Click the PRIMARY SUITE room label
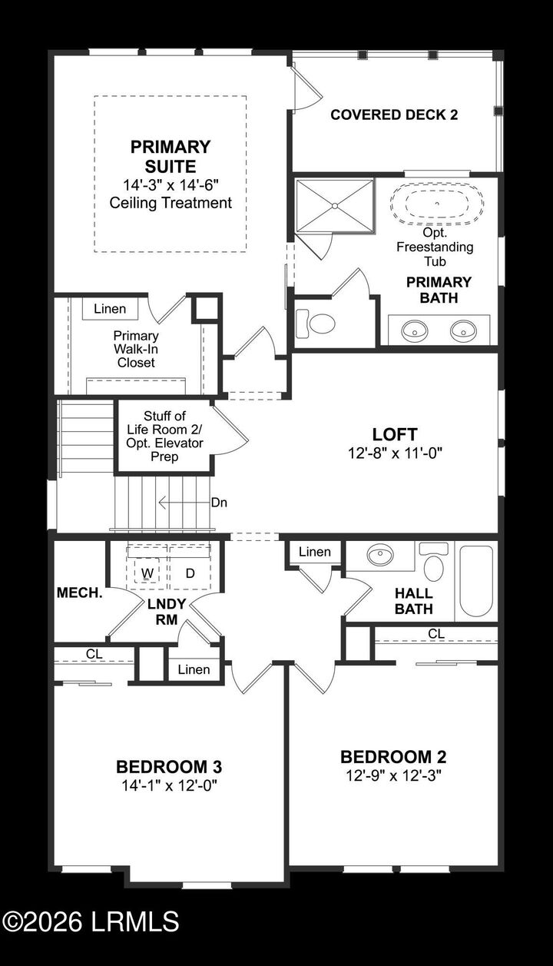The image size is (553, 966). tap(170, 156)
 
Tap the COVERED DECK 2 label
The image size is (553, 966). tap(394, 115)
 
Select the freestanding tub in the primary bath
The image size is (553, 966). tap(437, 204)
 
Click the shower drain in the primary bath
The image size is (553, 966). tap(335, 204)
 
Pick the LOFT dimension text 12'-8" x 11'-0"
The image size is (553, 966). tap(395, 453)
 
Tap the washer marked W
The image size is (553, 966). tap(147, 573)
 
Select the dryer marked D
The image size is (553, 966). tap(188, 573)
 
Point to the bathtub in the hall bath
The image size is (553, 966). tap(476, 581)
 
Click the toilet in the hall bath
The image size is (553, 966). tap(434, 565)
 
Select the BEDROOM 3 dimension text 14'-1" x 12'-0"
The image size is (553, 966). tap(170, 785)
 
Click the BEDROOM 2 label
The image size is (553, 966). tap(393, 757)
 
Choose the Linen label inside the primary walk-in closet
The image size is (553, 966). tap(110, 309)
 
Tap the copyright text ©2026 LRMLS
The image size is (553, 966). tap(91, 921)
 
